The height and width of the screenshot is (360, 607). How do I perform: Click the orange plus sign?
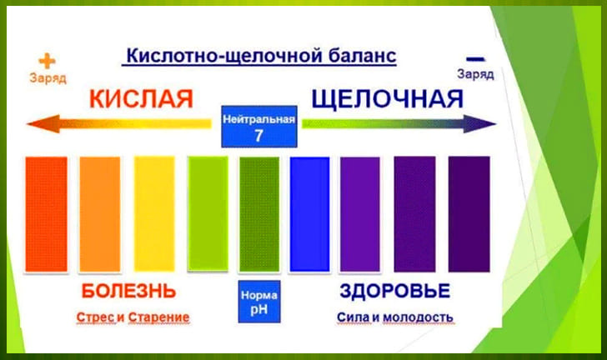click(48, 61)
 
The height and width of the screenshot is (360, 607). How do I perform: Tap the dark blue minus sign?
click(475, 59)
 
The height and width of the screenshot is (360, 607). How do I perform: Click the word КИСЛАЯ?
click(141, 98)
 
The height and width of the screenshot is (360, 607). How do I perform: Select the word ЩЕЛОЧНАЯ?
click(388, 98)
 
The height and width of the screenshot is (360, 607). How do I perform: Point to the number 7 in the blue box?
click(259, 136)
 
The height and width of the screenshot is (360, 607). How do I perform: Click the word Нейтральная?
click(259, 119)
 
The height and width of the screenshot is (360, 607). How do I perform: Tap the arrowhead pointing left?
click(43, 124)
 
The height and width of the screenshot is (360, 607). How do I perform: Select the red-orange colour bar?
click(47, 214)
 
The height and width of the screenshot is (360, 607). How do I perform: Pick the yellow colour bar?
click(154, 214)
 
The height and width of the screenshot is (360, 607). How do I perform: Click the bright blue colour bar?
click(309, 214)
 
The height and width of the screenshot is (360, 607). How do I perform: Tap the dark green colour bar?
click(259, 214)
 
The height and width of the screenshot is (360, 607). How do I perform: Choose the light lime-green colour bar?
click(208, 214)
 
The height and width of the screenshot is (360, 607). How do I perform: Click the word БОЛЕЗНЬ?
click(129, 291)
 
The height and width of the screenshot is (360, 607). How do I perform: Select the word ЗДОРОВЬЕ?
click(395, 291)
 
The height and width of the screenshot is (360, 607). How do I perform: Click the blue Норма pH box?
click(259, 302)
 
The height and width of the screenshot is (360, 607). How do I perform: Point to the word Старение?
click(158, 317)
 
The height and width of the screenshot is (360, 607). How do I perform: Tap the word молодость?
click(418, 317)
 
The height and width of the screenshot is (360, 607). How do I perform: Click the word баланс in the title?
click(363, 56)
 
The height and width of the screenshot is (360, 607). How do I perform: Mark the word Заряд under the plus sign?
click(48, 77)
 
